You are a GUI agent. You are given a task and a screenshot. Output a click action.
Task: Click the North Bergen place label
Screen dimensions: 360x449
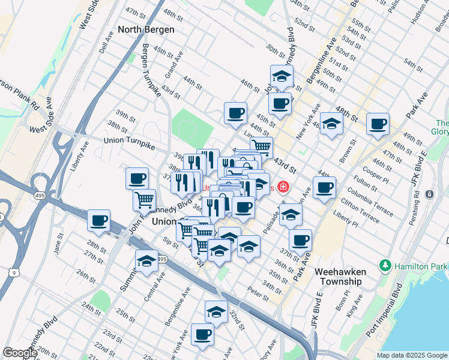click(146, 29)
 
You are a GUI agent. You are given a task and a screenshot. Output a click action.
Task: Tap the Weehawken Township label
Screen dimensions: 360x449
click(340, 277)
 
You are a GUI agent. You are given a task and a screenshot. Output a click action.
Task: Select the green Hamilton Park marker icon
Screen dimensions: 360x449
click(384, 265)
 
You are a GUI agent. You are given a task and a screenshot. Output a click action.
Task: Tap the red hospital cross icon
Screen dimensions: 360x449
click(282, 188)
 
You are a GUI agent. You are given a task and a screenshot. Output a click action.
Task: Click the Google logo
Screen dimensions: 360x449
click(20, 353)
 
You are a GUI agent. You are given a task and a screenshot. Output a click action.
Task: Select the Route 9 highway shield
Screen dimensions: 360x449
click(13, 272)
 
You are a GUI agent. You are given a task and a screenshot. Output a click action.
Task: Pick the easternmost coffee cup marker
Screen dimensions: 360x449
click(378, 124)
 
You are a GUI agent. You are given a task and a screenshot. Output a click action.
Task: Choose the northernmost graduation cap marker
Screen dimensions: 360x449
click(281, 76)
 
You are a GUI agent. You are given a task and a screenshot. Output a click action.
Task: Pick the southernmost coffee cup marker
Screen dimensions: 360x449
click(202, 334)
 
